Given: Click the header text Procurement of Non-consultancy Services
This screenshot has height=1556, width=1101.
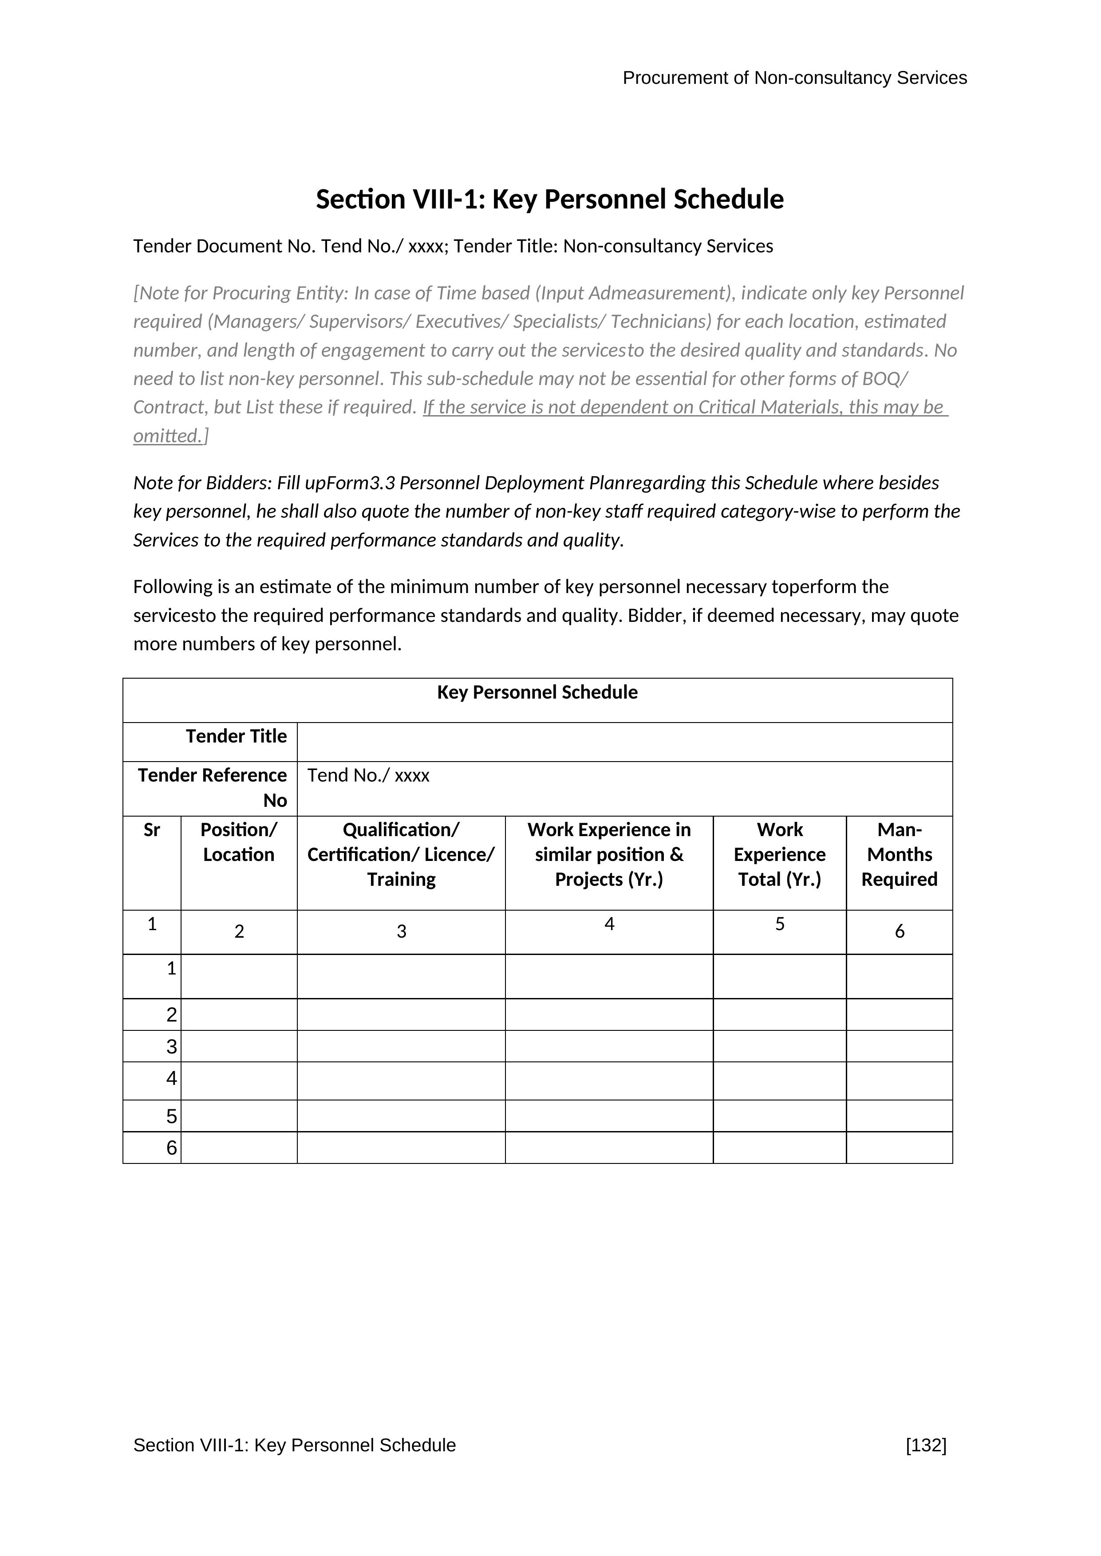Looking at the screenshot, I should tap(794, 78).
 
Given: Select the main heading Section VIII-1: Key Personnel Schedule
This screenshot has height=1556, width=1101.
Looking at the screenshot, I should tap(550, 199).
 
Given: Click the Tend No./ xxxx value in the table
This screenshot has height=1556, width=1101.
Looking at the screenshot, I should tap(368, 775).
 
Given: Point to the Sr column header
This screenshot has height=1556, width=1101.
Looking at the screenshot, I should tap(152, 830).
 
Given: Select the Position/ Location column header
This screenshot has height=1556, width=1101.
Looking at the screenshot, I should tap(239, 842).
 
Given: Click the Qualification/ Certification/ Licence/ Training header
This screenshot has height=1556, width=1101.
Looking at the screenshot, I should tap(401, 855).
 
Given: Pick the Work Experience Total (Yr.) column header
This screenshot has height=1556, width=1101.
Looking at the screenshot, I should tap(780, 855).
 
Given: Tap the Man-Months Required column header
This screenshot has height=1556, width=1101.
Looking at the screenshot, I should tap(899, 855).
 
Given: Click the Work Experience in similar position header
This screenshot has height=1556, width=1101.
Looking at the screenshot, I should tap(609, 855).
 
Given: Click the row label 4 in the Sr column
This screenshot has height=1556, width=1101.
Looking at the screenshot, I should tap(172, 1078).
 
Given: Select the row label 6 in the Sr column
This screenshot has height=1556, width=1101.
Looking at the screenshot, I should tap(172, 1148).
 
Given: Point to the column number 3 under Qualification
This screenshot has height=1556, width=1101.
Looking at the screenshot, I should tap(401, 932).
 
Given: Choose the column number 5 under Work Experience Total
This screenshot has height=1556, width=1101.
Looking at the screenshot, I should tap(780, 924).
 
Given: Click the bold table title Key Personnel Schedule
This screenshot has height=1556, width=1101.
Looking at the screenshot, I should tap(537, 692).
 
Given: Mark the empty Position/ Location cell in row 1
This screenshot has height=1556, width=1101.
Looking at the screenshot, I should tap(239, 977).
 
